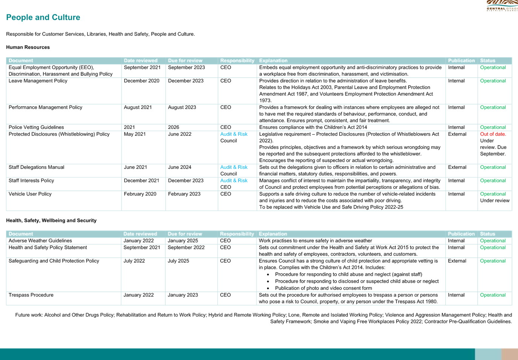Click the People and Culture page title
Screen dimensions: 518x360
(43, 17)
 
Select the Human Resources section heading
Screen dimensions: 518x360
(28, 47)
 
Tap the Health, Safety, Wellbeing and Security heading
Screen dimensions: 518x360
(51, 221)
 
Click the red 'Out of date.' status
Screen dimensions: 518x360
(493, 134)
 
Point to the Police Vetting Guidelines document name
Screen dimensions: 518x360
(36, 127)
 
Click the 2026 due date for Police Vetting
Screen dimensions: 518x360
(174, 127)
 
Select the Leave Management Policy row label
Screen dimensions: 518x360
(38, 81)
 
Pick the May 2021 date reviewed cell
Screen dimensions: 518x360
(135, 134)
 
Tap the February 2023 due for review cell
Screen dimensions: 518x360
(184, 194)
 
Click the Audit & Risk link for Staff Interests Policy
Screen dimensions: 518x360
(234, 181)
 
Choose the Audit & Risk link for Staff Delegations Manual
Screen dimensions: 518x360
(234, 167)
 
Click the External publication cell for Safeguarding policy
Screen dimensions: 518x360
(457, 260)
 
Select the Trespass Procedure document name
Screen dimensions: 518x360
(31, 295)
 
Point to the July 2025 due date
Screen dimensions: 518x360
(178, 261)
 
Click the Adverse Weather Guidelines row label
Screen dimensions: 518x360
(40, 241)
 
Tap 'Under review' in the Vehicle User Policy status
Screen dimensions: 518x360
(495, 201)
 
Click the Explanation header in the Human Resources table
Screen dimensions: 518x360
(274, 61)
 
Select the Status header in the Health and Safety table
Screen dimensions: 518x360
(487, 234)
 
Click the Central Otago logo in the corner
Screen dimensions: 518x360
(502, 6)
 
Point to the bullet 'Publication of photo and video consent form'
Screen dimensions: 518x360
(324, 288)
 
